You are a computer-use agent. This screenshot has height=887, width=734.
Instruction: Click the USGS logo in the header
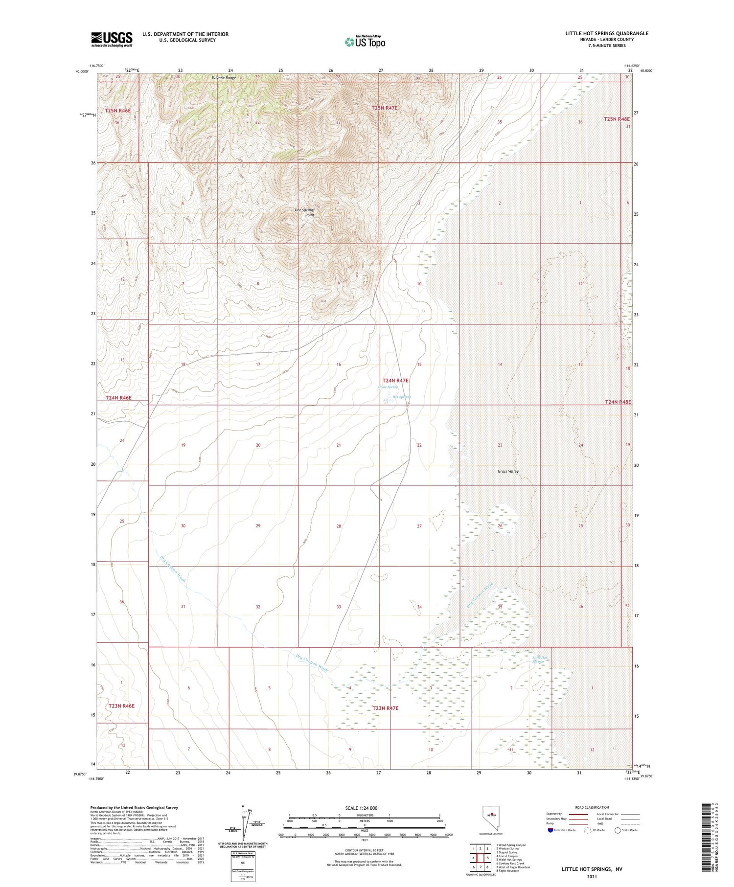click(x=112, y=39)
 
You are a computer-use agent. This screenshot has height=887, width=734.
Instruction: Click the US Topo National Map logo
click(x=365, y=42)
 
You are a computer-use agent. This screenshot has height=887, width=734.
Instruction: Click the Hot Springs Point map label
click(x=304, y=212)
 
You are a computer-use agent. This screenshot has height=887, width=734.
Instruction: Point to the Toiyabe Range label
click(x=224, y=78)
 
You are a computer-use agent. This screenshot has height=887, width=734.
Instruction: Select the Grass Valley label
click(x=508, y=471)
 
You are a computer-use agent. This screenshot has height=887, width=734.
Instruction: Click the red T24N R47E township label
click(x=395, y=380)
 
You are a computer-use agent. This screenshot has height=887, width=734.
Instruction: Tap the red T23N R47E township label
click(x=385, y=708)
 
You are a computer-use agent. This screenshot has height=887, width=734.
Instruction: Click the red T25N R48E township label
click(x=617, y=119)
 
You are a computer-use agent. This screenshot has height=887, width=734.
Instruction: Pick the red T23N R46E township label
click(x=121, y=706)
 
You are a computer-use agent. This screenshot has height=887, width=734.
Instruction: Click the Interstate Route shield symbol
click(x=551, y=830)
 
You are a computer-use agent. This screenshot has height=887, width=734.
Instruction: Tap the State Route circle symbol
click(x=618, y=830)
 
